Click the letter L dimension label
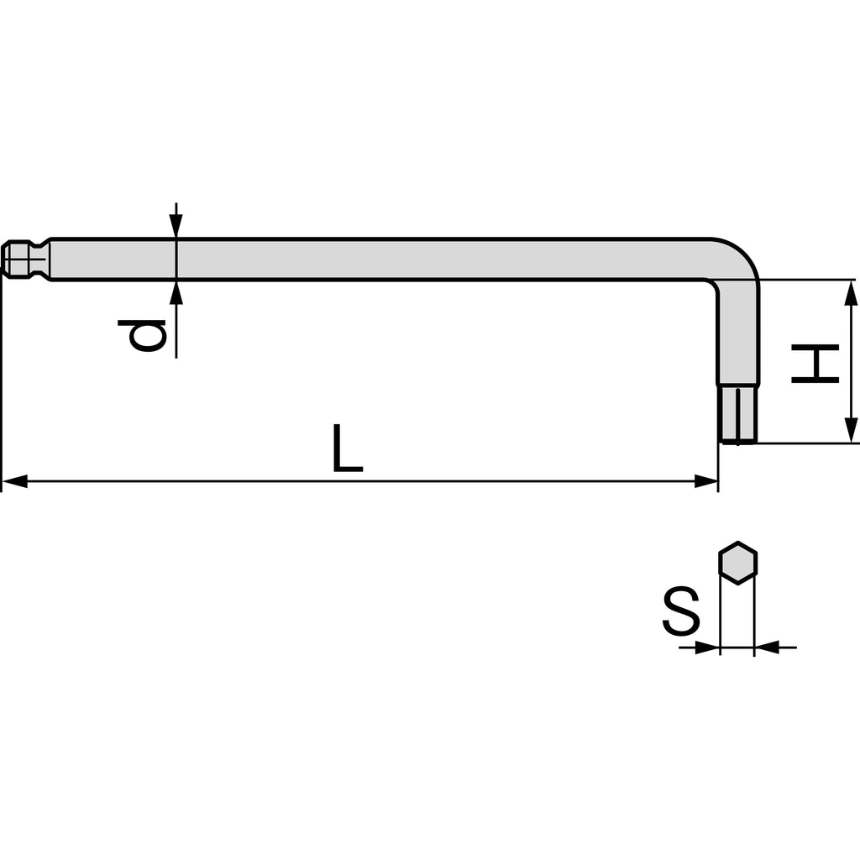[x=348, y=448]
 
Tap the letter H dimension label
[x=815, y=363]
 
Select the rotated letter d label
[x=141, y=336]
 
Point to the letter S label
[x=681, y=611]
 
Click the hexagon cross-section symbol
[x=737, y=563]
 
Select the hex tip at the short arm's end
[x=738, y=415]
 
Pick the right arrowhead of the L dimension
[x=705, y=482]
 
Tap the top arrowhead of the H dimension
[x=851, y=292]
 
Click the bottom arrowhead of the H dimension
[x=851, y=430]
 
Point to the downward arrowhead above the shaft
[x=176, y=225]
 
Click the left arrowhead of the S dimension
[x=707, y=648]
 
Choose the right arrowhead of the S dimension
[x=768, y=648]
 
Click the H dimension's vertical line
[x=851, y=361]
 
